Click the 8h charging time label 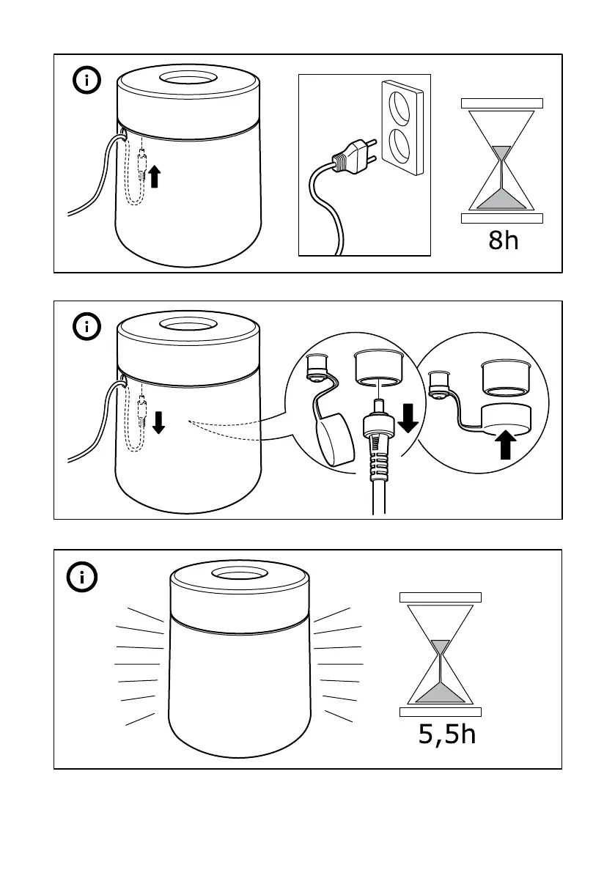[x=504, y=239]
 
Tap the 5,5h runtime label [x=447, y=733]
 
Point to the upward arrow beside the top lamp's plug [x=154, y=177]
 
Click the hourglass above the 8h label [x=502, y=160]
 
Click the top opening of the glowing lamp [x=237, y=573]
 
